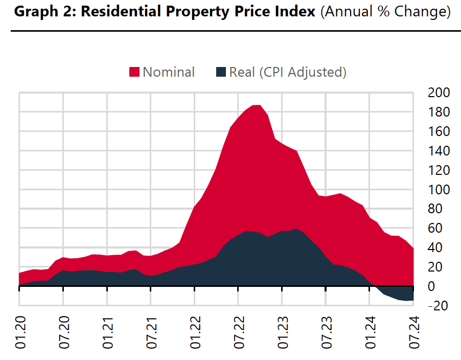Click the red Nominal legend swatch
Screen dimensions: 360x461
134,73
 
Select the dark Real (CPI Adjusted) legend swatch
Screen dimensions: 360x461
221,73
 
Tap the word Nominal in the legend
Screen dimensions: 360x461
169,73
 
